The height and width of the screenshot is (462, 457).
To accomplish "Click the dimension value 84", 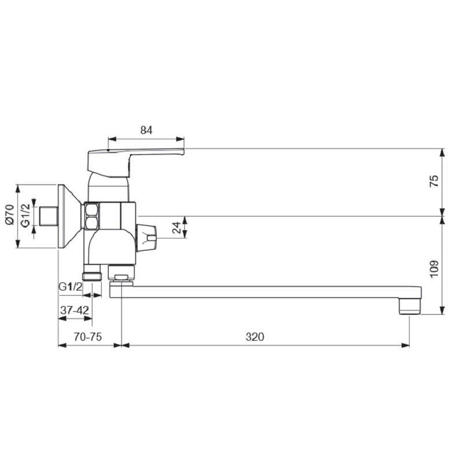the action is click(146, 130).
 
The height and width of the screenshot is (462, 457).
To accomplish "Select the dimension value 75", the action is click(434, 181).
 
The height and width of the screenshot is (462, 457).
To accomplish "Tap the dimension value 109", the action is click(434, 269).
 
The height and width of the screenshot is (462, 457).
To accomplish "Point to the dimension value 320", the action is click(255, 337).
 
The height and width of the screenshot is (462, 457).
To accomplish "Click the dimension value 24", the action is click(177, 228).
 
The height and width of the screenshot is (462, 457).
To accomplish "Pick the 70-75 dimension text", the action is click(88, 337).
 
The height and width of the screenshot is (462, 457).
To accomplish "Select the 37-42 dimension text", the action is click(75, 310).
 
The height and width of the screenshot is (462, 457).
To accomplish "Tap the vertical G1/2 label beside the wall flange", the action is click(26, 215).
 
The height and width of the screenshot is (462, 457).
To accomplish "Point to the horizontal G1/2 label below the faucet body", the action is click(70, 286).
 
